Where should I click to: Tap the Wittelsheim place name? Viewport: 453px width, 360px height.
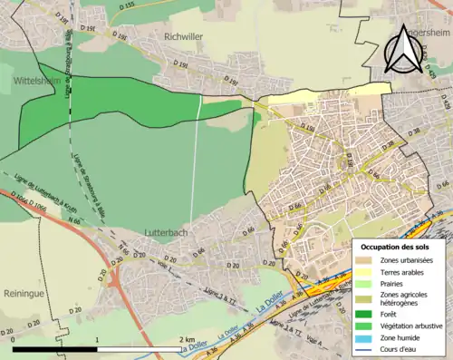pos(37,81)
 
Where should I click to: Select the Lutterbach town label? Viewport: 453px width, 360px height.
pos(166,233)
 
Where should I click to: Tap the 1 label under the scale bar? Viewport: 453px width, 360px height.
pos(97,339)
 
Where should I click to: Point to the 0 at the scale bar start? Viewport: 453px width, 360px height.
pos(13,339)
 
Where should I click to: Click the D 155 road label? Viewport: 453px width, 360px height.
pos(127,5)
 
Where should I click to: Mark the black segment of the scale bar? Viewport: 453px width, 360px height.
pos(54,349)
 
